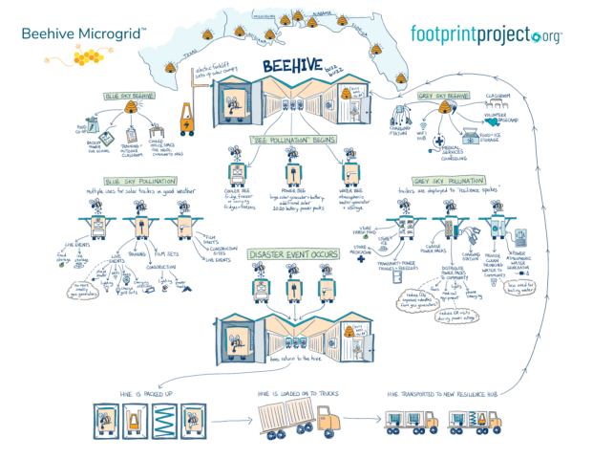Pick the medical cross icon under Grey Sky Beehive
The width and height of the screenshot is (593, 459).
pos(438,140)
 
